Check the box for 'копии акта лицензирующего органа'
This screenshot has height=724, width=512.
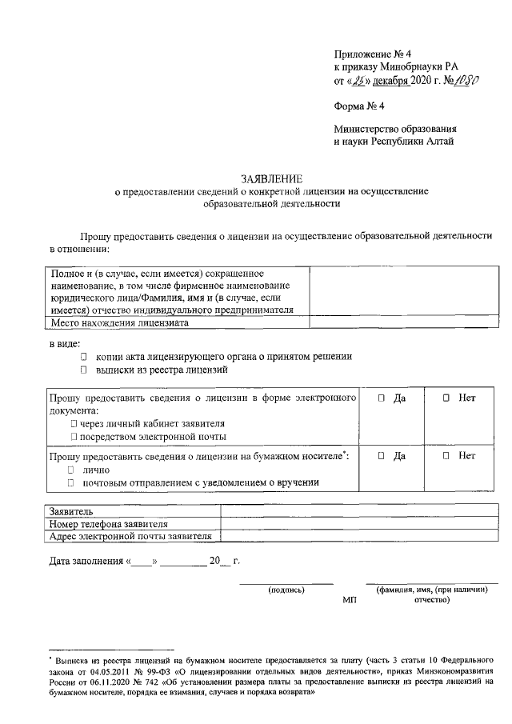point(83,357)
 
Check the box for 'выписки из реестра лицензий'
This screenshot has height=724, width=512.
point(83,370)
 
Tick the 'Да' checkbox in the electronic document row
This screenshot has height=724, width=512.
point(381,398)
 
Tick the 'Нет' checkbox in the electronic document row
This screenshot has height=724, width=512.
point(446,398)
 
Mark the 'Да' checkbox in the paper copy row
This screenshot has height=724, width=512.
point(381,456)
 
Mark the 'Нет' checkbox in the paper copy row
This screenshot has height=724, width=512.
point(446,456)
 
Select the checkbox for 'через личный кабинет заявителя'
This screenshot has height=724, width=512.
point(74,423)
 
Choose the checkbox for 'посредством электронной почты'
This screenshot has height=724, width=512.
point(74,437)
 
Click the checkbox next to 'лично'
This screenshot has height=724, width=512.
point(72,470)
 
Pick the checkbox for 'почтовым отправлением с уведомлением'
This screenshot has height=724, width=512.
point(72,482)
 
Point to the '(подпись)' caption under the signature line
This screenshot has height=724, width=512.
point(286,590)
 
